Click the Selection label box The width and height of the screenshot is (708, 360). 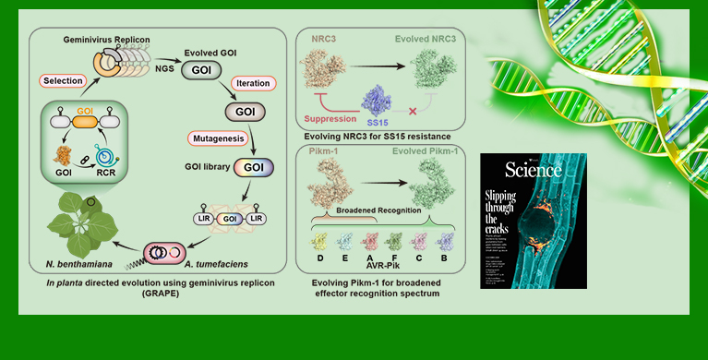tap(63, 80)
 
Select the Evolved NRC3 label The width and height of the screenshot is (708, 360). tap(426, 39)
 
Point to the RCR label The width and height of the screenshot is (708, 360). tap(121, 173)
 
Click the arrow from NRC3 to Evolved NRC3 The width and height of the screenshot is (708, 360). tap(380, 66)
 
